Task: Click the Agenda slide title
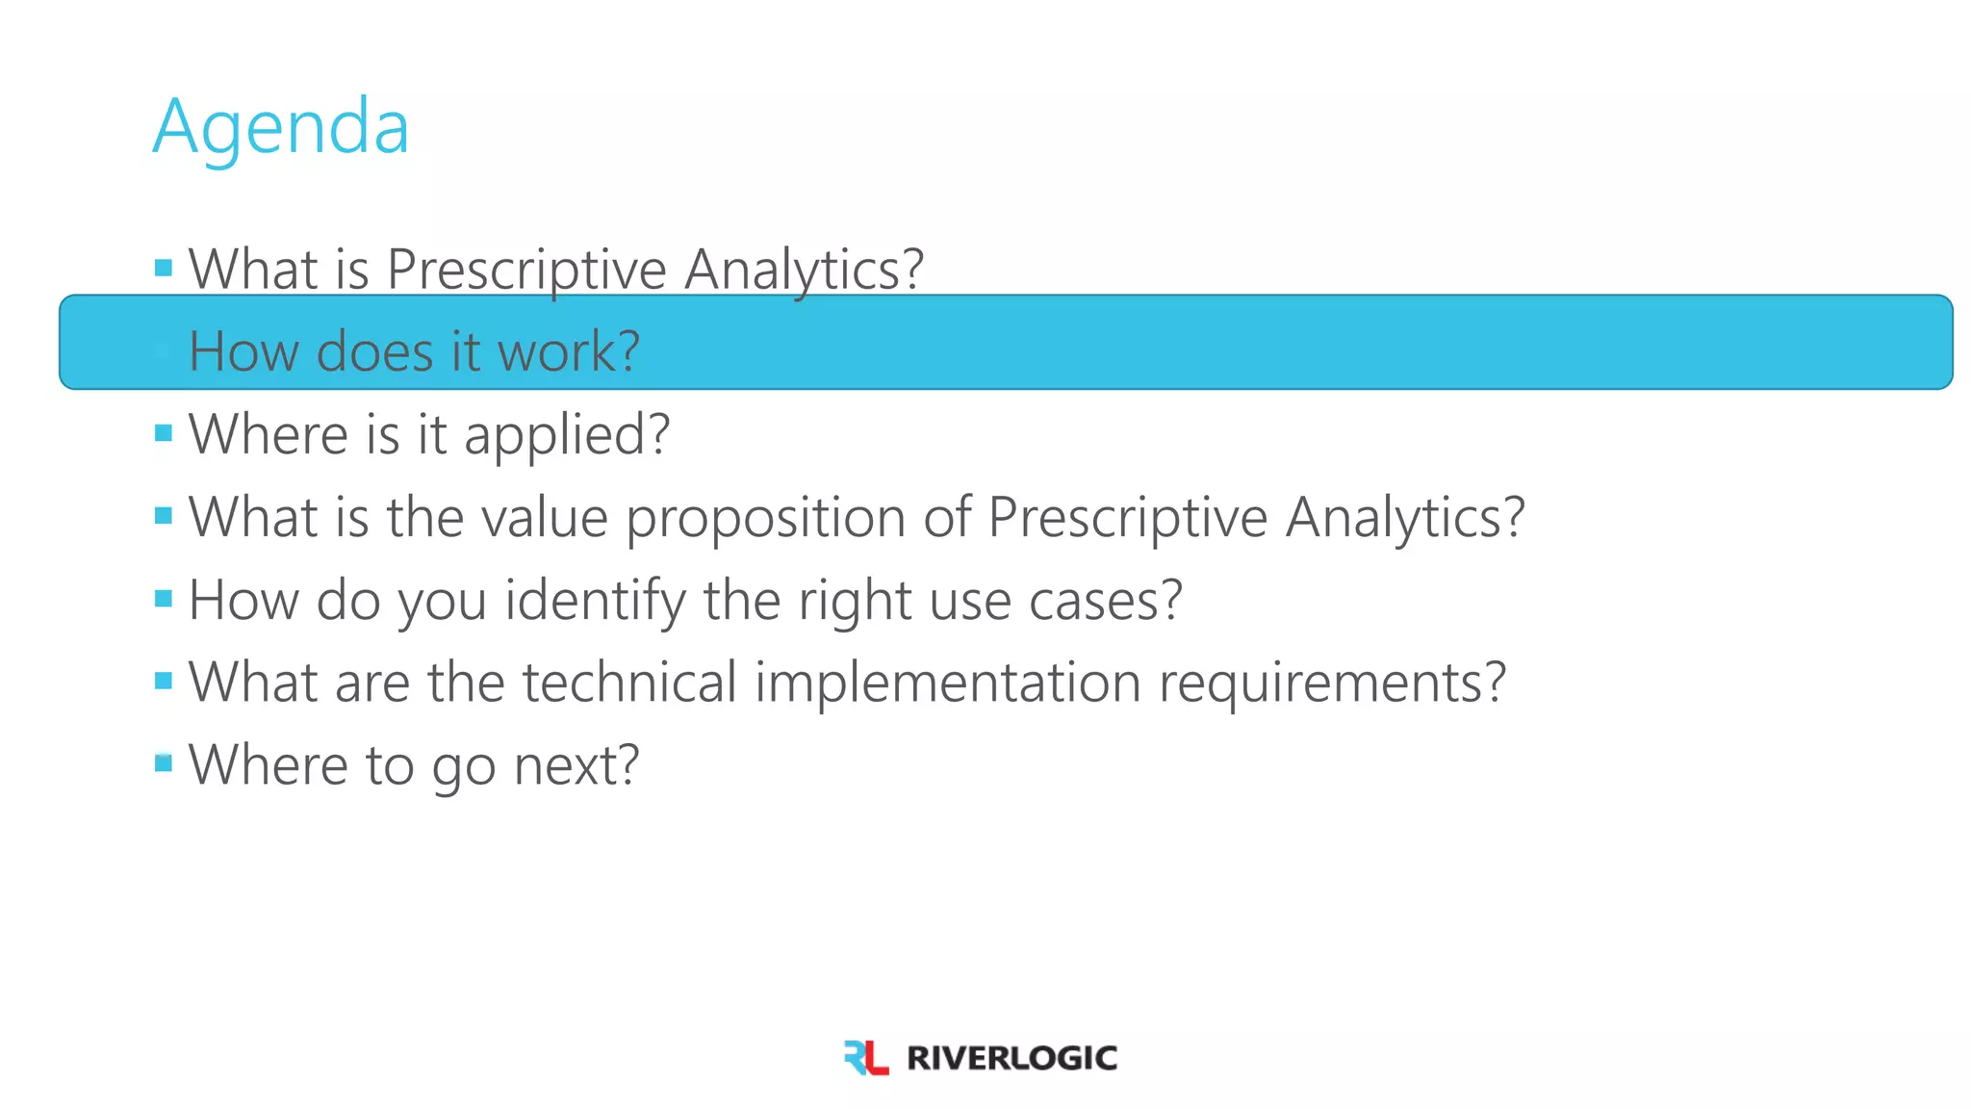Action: [x=280, y=127]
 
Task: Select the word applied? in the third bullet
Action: [x=567, y=435]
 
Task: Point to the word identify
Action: [x=594, y=601]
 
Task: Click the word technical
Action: [x=629, y=683]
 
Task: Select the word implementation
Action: [x=947, y=683]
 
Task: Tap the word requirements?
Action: [x=1332, y=683]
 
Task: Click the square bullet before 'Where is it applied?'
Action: [x=164, y=433]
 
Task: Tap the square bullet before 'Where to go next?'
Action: [x=164, y=763]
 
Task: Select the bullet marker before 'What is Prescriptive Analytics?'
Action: [x=164, y=268]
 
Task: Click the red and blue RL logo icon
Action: [x=865, y=1057]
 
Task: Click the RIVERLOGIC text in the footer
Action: [x=1011, y=1058]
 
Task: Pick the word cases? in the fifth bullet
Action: [x=1105, y=601]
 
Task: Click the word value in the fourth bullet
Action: [x=545, y=518]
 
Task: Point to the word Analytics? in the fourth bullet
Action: [x=1405, y=518]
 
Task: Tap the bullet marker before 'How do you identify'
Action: [x=164, y=599]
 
